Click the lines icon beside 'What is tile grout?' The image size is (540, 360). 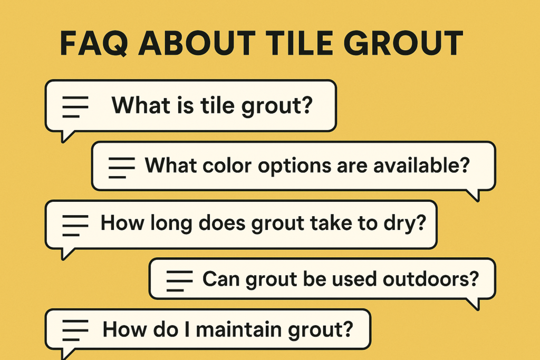coord(75,106)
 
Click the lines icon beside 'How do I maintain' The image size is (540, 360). coord(75,331)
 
